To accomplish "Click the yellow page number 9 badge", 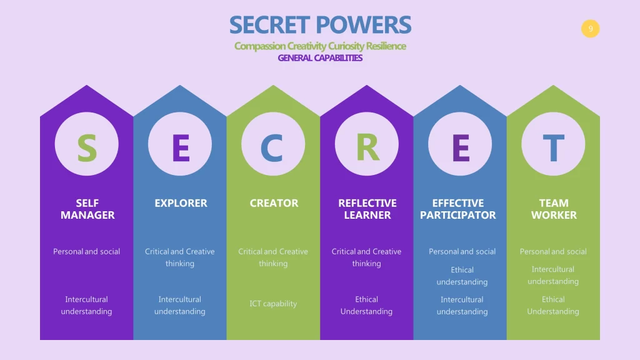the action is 590,29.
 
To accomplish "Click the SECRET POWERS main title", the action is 320,24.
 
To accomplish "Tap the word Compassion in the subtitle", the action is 259,46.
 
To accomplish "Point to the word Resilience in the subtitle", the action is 386,46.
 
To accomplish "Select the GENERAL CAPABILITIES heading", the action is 320,58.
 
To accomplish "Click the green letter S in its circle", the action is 87,148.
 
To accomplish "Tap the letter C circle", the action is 273,144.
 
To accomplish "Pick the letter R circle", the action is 366,144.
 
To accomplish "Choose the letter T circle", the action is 553,144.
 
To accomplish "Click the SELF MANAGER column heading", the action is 87,209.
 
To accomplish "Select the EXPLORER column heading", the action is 181,203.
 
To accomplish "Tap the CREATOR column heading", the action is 274,203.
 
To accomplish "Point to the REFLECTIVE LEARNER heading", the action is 367,209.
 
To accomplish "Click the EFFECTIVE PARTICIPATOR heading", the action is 458,209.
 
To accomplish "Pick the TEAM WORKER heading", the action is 554,209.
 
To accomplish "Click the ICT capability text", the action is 273,304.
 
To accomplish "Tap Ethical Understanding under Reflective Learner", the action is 366,305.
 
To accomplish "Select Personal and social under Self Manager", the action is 86,251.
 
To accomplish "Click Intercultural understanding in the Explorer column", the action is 179,305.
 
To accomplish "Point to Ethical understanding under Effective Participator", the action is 462,276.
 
